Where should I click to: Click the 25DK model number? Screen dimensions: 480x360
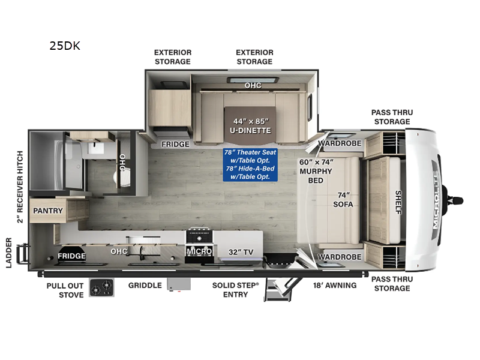tap(65, 46)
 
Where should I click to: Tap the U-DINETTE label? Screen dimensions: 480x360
tap(250, 130)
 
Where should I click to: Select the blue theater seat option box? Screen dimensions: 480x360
tap(250, 164)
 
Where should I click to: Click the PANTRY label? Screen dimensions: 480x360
tap(48, 211)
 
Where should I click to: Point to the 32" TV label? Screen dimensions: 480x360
tap(241, 252)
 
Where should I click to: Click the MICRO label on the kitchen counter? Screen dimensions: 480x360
tap(199, 251)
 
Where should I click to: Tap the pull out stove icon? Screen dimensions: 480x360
tap(101, 287)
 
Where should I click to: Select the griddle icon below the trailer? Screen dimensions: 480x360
tap(179, 284)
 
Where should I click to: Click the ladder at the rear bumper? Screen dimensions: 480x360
tap(23, 254)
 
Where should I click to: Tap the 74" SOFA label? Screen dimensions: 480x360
tap(343, 200)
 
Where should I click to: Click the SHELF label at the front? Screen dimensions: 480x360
tap(398, 202)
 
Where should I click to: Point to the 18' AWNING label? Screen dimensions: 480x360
tap(335, 286)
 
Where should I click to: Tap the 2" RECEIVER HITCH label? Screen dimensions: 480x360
tap(20, 187)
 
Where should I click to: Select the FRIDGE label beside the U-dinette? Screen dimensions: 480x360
tap(175, 144)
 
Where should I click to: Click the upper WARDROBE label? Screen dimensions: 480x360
tap(340, 143)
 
